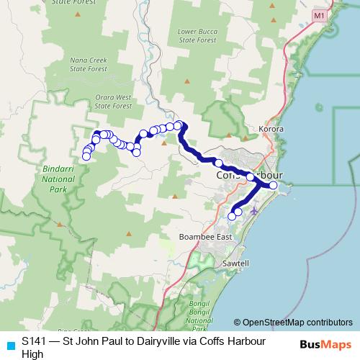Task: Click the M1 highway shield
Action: tap(319, 15)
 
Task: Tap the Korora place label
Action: tap(272, 130)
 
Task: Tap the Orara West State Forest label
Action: tap(113, 101)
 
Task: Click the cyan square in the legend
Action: tap(9, 346)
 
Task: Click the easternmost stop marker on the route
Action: tap(273, 185)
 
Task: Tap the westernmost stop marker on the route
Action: tap(86, 156)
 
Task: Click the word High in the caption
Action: tap(32, 354)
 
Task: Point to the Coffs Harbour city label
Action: tap(248, 176)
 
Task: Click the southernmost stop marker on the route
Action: tap(232, 215)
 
